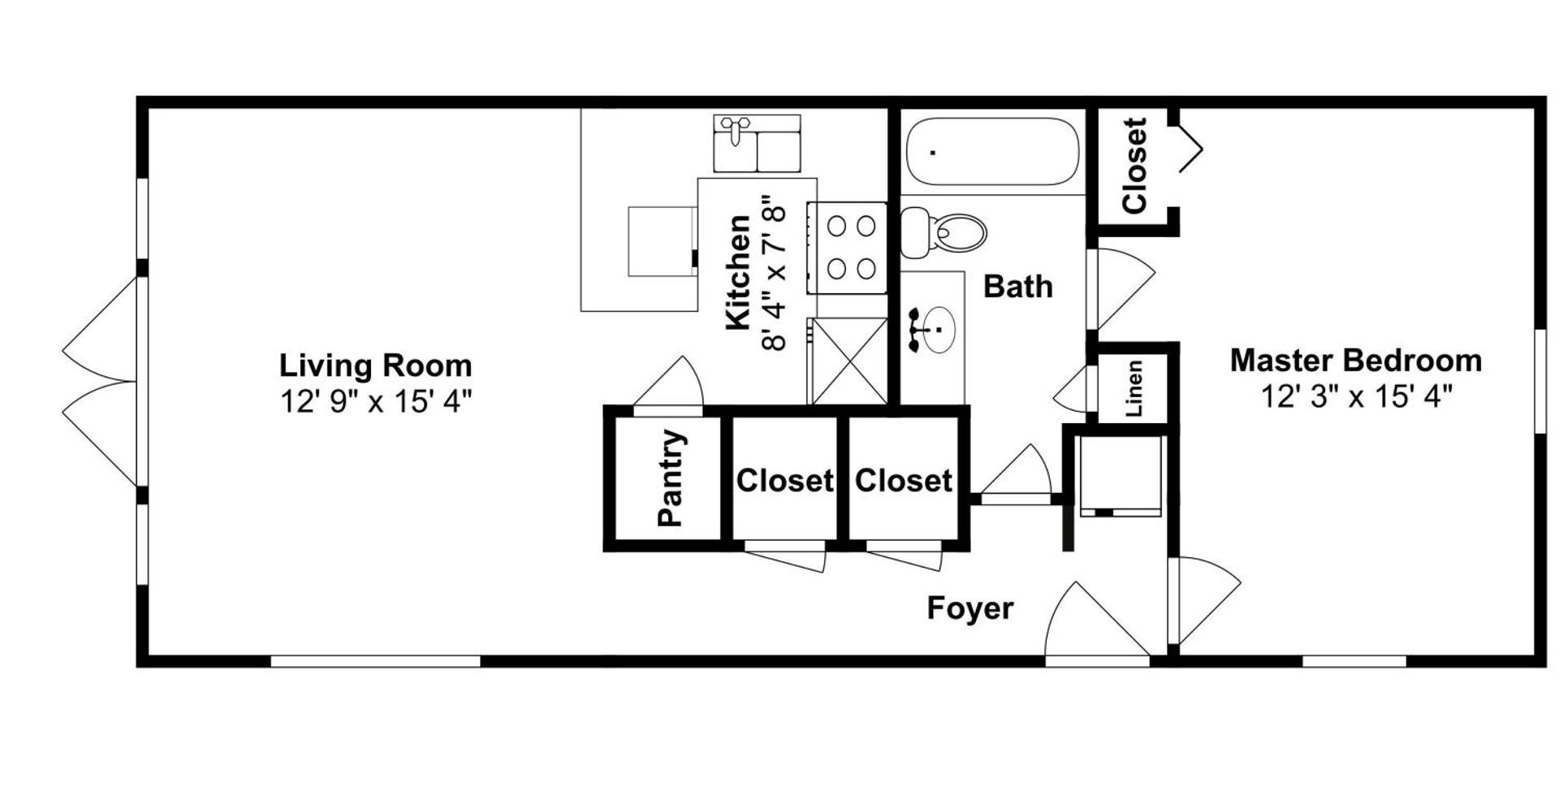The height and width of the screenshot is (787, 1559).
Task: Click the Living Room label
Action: (375, 365)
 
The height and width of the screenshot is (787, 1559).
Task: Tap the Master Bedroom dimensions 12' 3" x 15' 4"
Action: (1355, 397)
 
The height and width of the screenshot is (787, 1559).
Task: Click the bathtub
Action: (992, 152)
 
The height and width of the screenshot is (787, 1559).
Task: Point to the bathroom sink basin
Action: (938, 330)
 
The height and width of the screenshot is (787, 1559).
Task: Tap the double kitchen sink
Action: (757, 144)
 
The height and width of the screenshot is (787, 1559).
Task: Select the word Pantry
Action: (671, 478)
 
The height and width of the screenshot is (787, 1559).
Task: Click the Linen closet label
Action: (1134, 388)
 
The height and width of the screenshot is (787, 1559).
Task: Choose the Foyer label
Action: (970, 608)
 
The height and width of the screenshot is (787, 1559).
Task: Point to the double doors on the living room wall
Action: (101, 382)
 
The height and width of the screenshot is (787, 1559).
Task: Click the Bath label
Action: (1017, 287)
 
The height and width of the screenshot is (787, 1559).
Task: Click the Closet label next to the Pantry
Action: (784, 481)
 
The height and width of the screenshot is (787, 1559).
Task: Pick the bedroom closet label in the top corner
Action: (1134, 166)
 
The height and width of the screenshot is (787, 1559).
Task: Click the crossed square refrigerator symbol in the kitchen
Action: (849, 361)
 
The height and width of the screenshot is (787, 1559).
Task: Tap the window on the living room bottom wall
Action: (375, 661)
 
